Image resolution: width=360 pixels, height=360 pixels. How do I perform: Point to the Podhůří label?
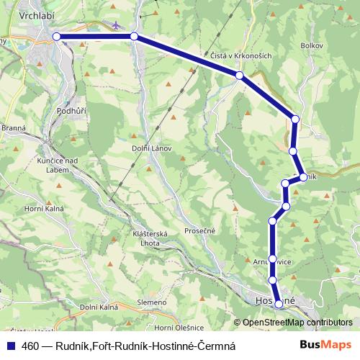[x=71, y=111]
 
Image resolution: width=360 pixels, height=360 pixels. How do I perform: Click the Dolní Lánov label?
[x=150, y=148]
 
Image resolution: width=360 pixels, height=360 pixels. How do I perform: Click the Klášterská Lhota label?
[x=150, y=238]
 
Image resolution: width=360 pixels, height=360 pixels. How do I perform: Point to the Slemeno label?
[x=151, y=302]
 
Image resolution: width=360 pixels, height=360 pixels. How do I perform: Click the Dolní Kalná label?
[x=98, y=307]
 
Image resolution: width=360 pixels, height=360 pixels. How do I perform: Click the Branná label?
[x=14, y=127]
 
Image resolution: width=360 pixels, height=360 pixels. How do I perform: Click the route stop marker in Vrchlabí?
[x=57, y=36]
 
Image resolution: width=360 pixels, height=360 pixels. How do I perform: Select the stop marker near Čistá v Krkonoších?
[x=239, y=75]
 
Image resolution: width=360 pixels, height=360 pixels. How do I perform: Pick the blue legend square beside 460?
[x=10, y=346]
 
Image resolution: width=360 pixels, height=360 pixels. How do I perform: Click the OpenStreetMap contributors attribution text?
[x=297, y=323]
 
